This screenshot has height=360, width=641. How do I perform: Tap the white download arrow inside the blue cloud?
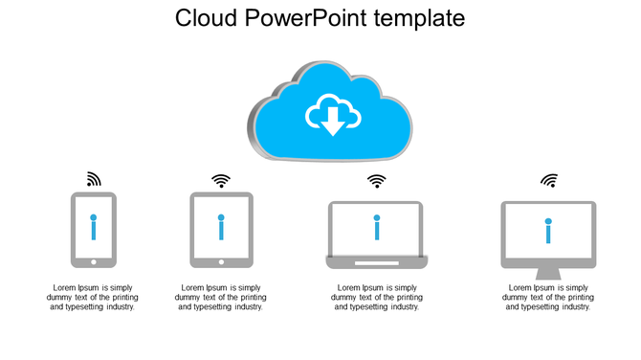332,120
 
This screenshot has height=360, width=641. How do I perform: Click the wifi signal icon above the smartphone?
93,179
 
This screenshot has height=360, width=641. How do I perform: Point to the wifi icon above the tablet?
221,180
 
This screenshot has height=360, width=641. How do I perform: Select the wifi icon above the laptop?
376,180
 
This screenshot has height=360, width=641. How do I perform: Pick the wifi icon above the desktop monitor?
549,180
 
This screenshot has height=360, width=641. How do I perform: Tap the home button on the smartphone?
93,261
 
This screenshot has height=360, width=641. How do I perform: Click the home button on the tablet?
221,261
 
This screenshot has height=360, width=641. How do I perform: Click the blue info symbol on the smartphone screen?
93,227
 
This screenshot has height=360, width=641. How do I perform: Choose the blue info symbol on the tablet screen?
221,227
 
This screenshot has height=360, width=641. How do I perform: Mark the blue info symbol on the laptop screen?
376,227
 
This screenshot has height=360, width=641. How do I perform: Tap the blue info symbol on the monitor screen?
548,231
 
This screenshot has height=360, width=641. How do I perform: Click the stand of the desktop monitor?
548,259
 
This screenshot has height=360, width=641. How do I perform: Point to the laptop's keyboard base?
376,261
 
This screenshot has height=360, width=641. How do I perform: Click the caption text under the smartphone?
93,297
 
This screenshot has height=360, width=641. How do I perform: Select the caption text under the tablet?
221,297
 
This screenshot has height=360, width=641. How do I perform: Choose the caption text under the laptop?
376,297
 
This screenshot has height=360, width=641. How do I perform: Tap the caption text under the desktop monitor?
548,297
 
